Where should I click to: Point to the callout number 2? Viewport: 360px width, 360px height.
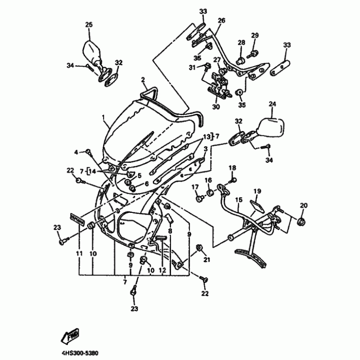[143, 81]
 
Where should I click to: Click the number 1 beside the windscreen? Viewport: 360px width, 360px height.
[103, 119]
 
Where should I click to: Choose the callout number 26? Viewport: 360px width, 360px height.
[221, 21]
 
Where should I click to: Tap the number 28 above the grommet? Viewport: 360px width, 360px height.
[241, 43]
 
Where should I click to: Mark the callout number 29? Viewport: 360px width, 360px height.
[255, 36]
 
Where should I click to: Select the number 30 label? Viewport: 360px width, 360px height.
[216, 107]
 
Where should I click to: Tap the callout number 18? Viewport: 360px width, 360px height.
[232, 168]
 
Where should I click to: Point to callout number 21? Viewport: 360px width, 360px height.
[207, 260]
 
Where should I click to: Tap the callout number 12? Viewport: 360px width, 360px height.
[162, 270]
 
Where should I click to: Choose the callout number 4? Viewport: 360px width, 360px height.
[76, 152]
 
